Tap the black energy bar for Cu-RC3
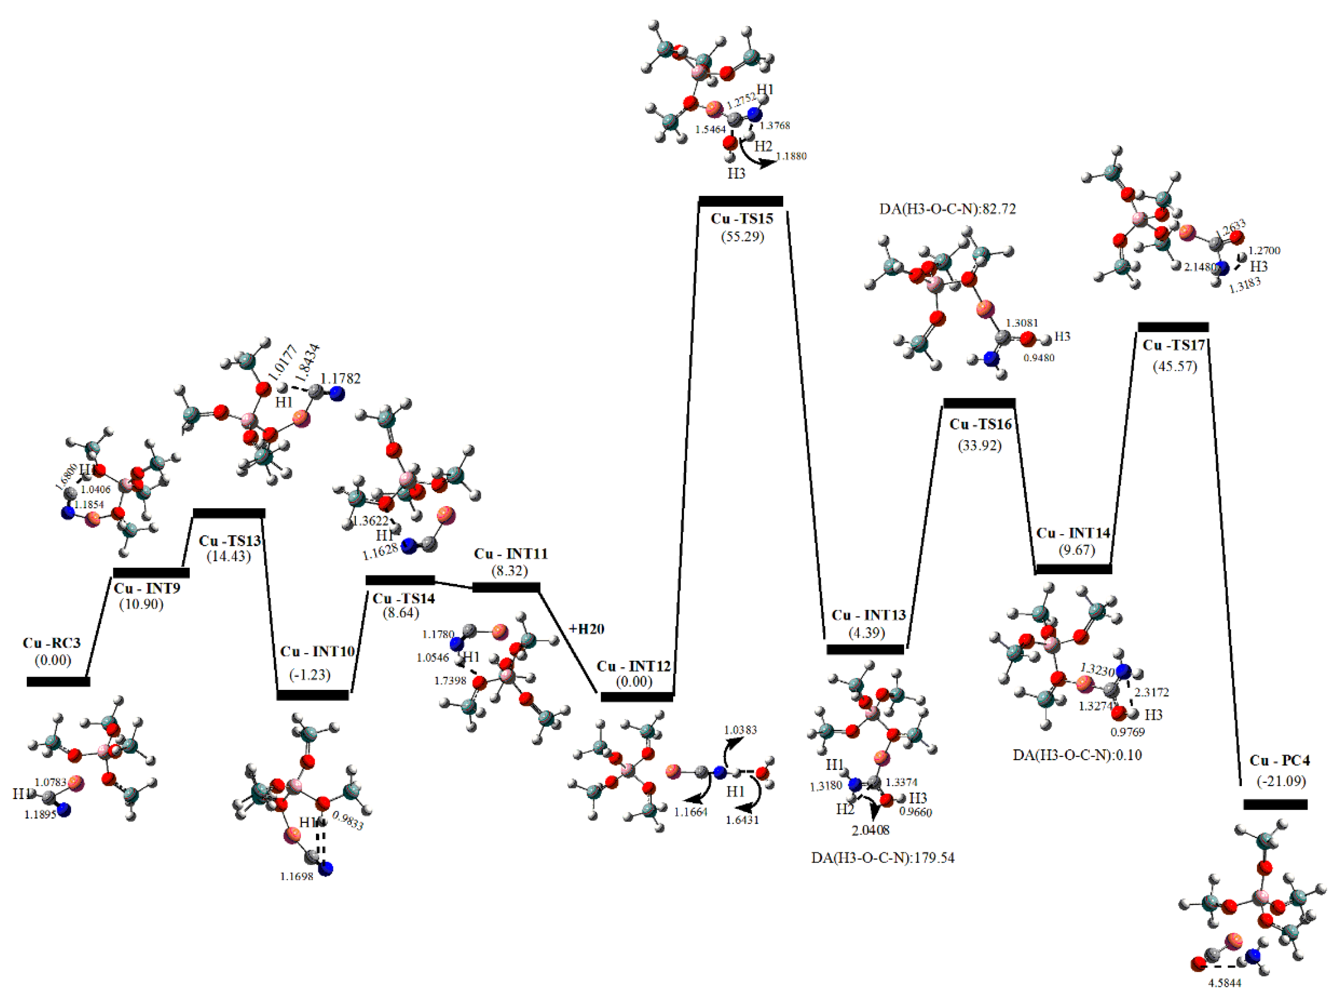point(58,682)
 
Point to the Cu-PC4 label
point(1279,760)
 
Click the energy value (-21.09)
point(1280,781)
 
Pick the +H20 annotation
point(586,629)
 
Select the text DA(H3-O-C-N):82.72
point(947,209)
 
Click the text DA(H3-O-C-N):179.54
point(883,858)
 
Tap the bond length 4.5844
point(1225,983)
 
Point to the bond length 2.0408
point(871,831)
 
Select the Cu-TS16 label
point(980,425)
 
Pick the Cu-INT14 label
point(1073,533)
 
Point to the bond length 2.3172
point(1151,692)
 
